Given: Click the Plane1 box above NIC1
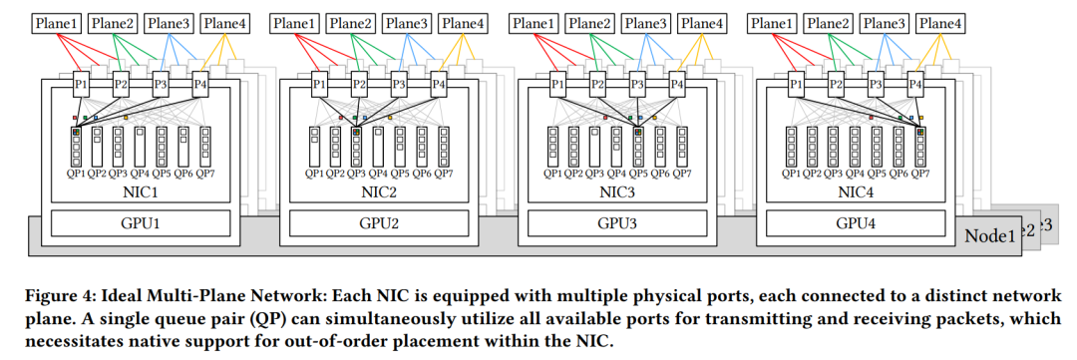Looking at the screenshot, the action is [x=57, y=23].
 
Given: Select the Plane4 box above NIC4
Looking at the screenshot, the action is [x=940, y=23].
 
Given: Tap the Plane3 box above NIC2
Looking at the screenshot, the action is [x=407, y=23].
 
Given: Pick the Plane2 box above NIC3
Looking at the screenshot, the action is [x=589, y=23].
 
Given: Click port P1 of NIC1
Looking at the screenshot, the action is [x=81, y=85].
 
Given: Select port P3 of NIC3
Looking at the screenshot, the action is [x=637, y=85].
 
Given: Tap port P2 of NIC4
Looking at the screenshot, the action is [x=836, y=85].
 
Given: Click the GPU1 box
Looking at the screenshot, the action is [x=141, y=223].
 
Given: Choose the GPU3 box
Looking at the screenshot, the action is [x=617, y=223].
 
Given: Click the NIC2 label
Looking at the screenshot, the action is [x=379, y=191].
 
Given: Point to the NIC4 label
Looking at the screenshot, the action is [x=856, y=191].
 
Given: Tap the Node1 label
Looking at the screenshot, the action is [x=989, y=237].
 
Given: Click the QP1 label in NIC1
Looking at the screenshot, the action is [x=76, y=174].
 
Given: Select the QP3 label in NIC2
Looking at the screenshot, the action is [x=357, y=174].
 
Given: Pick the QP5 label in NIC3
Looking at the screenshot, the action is [x=638, y=174].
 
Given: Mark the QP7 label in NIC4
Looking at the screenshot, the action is [x=919, y=174].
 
